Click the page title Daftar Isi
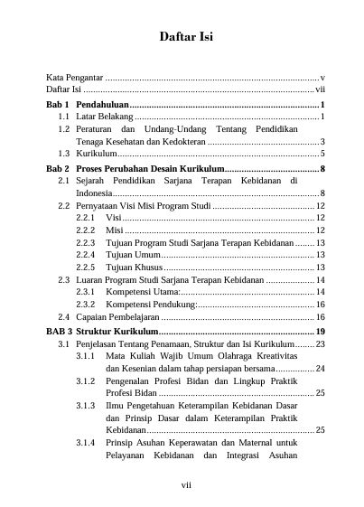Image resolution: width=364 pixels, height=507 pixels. [x=185, y=37]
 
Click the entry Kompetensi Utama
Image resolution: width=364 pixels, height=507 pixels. [x=143, y=293]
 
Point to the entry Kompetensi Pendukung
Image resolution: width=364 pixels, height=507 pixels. [x=150, y=305]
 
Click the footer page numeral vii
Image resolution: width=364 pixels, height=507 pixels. [x=185, y=484]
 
